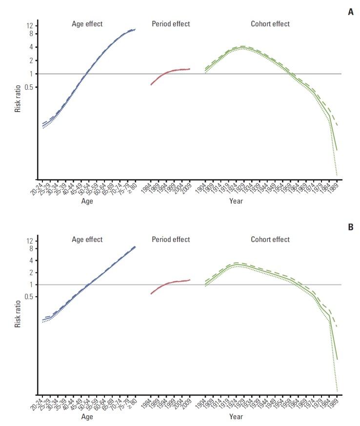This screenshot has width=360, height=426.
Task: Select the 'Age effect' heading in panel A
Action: [87, 23]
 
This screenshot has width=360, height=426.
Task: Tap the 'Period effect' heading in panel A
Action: [171, 23]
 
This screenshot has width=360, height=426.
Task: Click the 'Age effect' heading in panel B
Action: [87, 239]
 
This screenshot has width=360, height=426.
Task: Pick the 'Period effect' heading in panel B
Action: [171, 239]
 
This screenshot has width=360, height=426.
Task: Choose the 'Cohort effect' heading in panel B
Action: [270, 239]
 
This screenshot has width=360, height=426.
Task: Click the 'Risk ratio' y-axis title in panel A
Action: [18, 100]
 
